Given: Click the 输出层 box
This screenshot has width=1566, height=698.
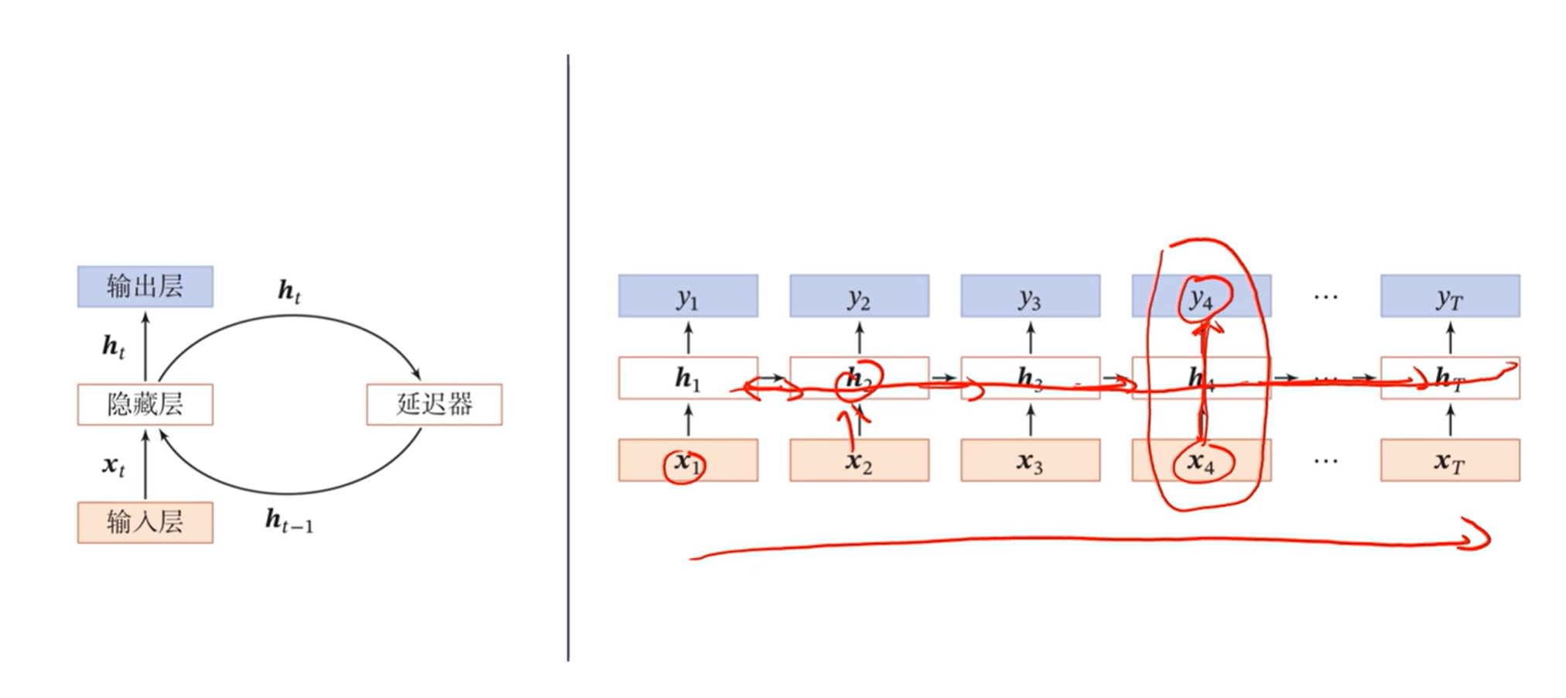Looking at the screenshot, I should point(145,286).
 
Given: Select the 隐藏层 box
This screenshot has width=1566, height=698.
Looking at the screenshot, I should point(145,404).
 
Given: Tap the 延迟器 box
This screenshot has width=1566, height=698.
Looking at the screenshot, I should point(434,404).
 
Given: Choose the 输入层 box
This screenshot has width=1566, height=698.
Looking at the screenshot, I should point(145,522).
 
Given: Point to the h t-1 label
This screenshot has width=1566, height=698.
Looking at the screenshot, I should point(289,521).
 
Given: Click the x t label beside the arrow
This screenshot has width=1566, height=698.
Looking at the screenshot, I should point(113,465).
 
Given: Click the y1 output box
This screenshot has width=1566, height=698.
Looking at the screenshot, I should point(688,296).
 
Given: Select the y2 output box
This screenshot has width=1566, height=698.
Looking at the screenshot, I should point(859,296).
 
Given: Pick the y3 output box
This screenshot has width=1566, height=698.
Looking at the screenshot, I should point(1030,296).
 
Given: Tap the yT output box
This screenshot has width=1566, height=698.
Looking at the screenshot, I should point(1450,296).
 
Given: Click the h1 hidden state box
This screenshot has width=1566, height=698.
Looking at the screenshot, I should point(688,378).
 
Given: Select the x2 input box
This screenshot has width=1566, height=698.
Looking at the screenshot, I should point(859,460).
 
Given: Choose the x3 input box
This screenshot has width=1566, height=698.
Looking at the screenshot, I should point(1030,460).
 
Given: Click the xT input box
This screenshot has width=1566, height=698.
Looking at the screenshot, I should point(1450,460).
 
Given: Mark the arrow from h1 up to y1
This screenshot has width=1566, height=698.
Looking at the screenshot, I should point(688,337).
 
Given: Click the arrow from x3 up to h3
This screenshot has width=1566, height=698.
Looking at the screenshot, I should point(1030,419).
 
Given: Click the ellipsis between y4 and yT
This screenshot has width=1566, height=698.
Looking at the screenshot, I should point(1325,296).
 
